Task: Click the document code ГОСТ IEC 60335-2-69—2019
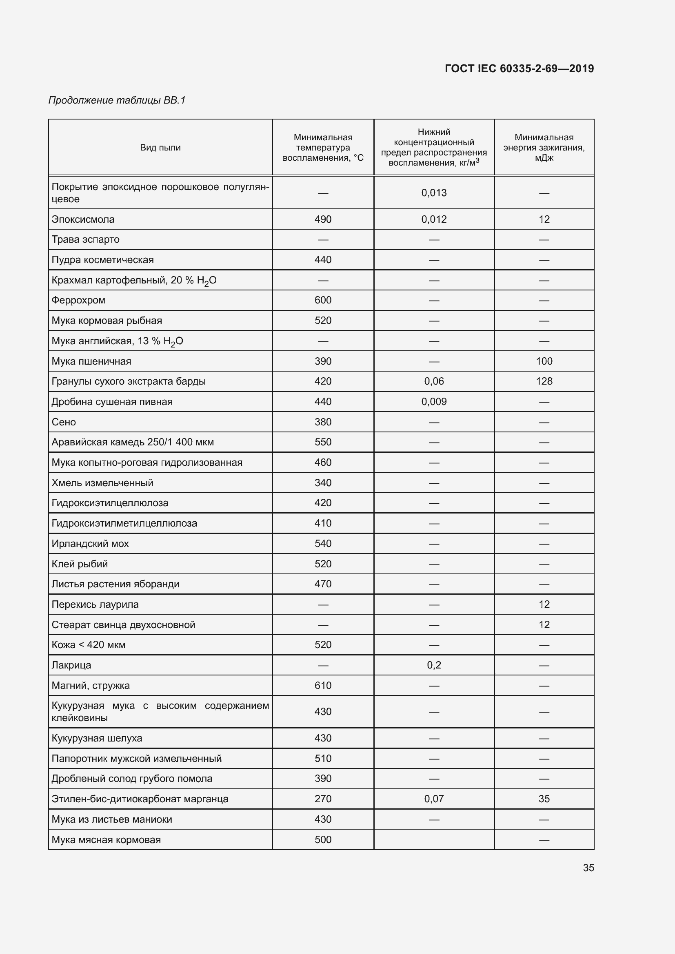[519, 69]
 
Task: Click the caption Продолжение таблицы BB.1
[117, 100]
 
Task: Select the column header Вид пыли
[160, 148]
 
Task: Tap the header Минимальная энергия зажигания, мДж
[544, 148]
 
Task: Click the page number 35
[588, 868]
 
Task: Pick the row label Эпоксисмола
[83, 219]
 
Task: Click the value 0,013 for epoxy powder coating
[433, 193]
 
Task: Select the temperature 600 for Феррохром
[322, 300]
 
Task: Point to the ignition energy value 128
[544, 381]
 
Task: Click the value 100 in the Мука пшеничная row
[544, 361]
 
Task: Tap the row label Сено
[64, 422]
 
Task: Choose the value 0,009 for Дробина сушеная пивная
[433, 401]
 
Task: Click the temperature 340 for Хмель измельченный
[322, 483]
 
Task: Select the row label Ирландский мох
[90, 543]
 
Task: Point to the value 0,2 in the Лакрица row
[433, 665]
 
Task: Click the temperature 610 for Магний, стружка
[322, 685]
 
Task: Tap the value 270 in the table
[322, 799]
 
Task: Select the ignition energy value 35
[544, 799]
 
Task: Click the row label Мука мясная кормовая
[106, 839]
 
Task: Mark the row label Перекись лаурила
[95, 604]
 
